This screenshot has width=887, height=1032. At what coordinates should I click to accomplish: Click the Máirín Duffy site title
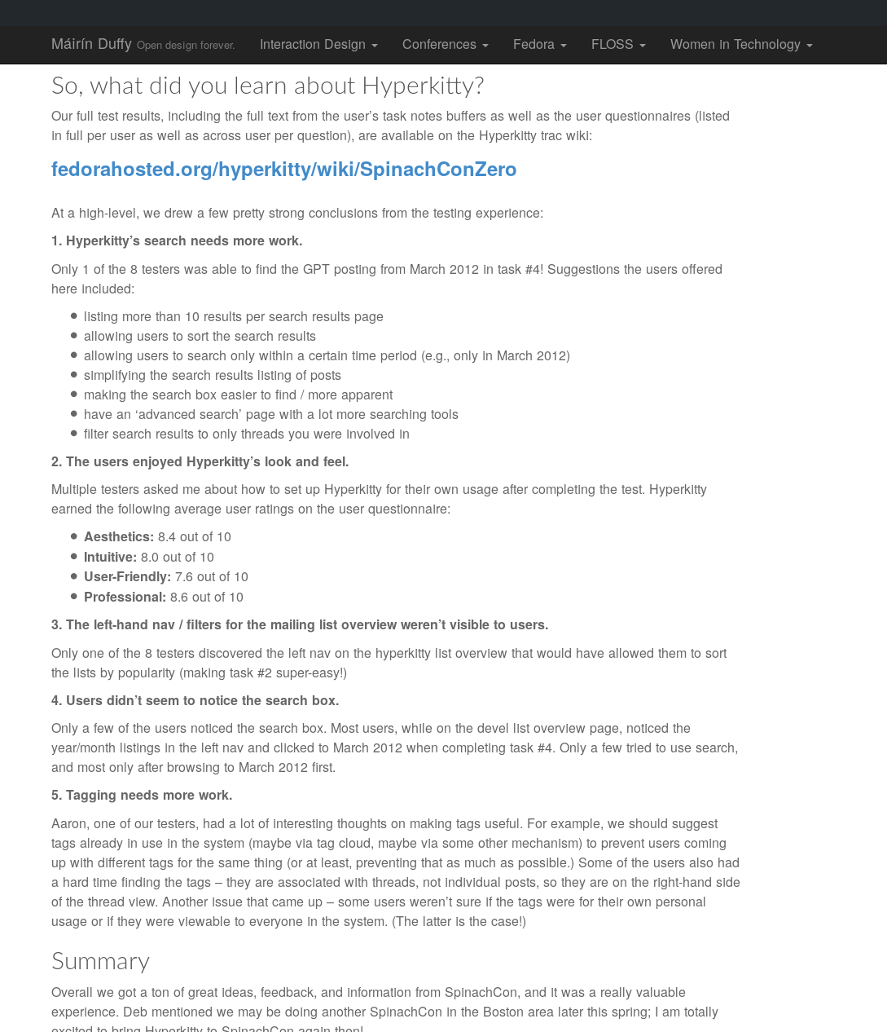pos(91,44)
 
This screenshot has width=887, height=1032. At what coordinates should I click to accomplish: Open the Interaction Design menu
pos(318,45)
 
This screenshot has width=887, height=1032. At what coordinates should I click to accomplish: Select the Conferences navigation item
pos(445,45)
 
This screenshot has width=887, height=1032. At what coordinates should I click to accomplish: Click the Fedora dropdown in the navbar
pos(539,45)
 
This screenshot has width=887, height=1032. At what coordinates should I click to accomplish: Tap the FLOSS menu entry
pos(617,45)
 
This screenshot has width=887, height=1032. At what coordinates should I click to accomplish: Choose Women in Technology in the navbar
pos(740,45)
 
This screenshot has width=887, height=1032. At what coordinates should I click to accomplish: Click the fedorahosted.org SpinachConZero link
pos(283,170)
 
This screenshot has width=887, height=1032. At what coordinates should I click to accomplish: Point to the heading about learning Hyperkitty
pos(267,85)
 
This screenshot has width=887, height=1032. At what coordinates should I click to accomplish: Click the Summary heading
pos(100,961)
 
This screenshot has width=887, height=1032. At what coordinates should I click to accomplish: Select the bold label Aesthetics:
pos(119,537)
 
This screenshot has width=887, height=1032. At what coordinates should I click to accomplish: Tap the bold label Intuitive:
pos(110,558)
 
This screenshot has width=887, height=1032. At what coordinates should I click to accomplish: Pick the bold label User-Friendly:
pos(127,577)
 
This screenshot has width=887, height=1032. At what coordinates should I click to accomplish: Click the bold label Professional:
pos(125,598)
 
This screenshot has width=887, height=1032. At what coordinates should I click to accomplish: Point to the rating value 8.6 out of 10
pos(207,598)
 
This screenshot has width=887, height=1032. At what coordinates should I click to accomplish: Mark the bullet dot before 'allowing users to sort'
pos(74,336)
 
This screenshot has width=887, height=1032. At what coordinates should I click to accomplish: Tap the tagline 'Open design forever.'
pos(186,46)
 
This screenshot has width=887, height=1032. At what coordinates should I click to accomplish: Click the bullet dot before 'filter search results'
pos(74,434)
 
